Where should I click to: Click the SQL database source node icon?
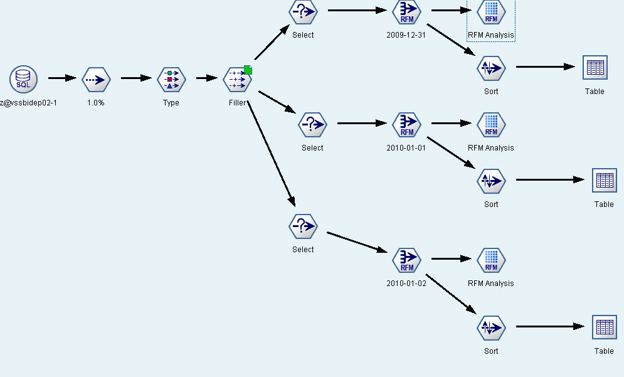click(23, 79)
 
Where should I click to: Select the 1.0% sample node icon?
click(96, 79)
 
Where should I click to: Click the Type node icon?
click(171, 79)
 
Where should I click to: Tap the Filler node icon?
click(237, 79)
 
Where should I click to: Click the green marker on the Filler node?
click(248, 70)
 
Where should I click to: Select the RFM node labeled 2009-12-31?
click(406, 11)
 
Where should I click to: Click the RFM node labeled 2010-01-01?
click(406, 124)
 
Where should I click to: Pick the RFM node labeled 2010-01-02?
click(406, 260)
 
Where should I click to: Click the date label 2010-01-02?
click(406, 284)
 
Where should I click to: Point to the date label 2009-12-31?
click(406, 35)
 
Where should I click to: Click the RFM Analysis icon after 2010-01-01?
click(491, 124)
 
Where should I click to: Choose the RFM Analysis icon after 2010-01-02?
click(491, 260)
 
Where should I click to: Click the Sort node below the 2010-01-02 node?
click(491, 327)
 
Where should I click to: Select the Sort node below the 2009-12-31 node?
click(491, 68)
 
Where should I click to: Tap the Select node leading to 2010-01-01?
click(312, 124)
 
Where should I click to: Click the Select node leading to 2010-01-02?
click(303, 226)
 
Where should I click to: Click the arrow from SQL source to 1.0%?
click(61, 78)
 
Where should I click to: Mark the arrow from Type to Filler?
click(206, 78)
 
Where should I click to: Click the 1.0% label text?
click(96, 103)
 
